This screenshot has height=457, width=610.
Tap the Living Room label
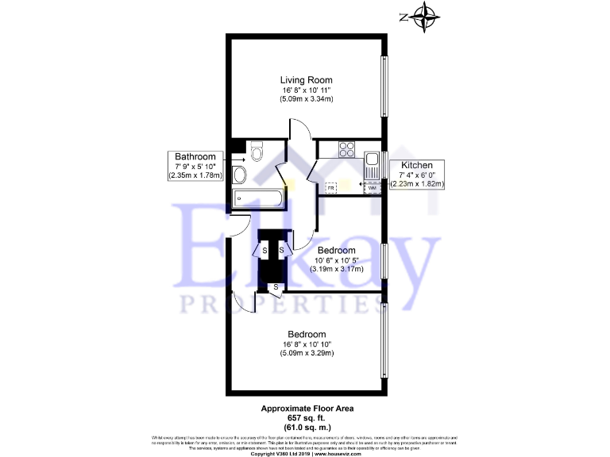[x=306, y=79]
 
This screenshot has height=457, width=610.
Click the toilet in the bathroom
[x=257, y=151]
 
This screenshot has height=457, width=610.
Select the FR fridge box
[x=331, y=188]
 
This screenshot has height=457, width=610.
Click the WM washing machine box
[x=370, y=188]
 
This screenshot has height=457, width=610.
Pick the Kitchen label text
[x=416, y=165]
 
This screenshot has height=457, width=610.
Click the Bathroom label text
[x=195, y=156]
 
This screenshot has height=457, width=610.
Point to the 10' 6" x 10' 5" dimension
[x=336, y=260]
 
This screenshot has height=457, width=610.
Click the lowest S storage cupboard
[x=276, y=286]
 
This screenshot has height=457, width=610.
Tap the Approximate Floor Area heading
[x=307, y=409]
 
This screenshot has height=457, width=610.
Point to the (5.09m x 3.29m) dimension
[x=306, y=353]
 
